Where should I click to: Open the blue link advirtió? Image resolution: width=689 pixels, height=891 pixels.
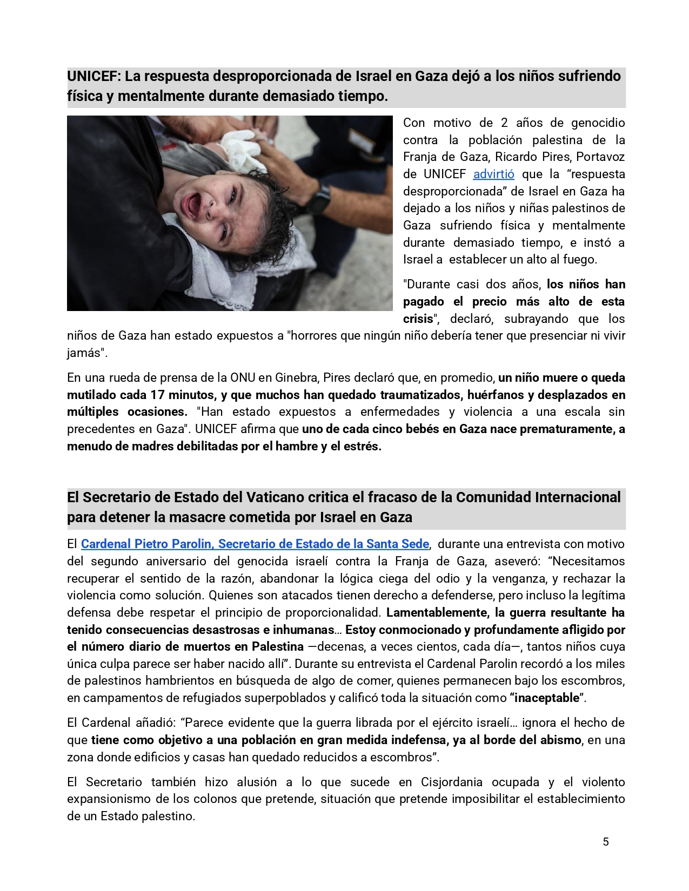(x=493, y=174)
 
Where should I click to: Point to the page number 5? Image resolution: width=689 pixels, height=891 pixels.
(x=606, y=841)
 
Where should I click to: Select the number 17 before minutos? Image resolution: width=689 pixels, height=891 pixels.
(x=157, y=395)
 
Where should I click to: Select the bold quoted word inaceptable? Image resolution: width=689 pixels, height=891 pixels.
(x=547, y=698)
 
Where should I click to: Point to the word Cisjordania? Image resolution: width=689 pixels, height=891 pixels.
(x=452, y=782)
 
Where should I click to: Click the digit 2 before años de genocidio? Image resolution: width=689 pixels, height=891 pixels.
(x=504, y=123)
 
